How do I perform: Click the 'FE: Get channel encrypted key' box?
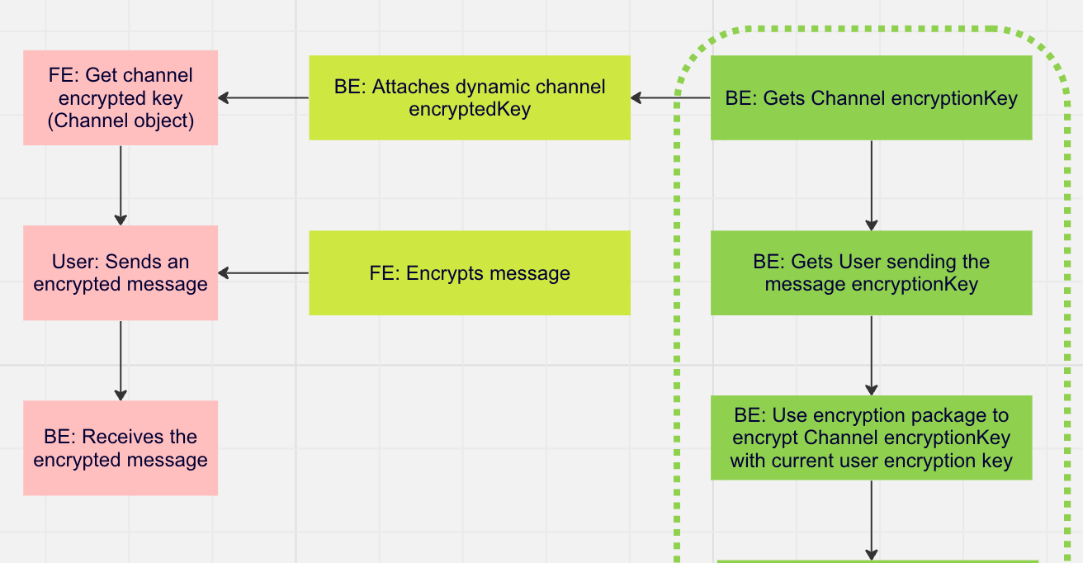(x=121, y=97)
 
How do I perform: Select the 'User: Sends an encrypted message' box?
(x=121, y=272)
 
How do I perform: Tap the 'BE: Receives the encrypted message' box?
(x=121, y=447)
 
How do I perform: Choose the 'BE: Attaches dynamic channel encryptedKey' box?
(x=469, y=97)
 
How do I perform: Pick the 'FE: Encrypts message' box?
(x=469, y=272)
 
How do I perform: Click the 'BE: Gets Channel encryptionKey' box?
(x=871, y=97)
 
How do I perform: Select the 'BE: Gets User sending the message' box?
(x=871, y=272)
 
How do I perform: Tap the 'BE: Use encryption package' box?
(x=871, y=438)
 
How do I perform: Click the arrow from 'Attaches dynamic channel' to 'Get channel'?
(x=264, y=98)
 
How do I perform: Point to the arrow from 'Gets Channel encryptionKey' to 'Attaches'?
(x=670, y=98)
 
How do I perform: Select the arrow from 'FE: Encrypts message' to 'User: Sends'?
(x=264, y=273)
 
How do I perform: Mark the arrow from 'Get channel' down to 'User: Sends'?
(x=121, y=185)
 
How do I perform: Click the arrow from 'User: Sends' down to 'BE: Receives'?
(x=121, y=360)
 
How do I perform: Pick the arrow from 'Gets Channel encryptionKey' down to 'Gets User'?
(x=871, y=185)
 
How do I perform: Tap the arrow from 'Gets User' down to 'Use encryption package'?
(x=871, y=355)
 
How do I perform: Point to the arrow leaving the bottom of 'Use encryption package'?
(x=871, y=520)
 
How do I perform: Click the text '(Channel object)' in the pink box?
(x=121, y=121)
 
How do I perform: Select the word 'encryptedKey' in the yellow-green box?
(x=469, y=110)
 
